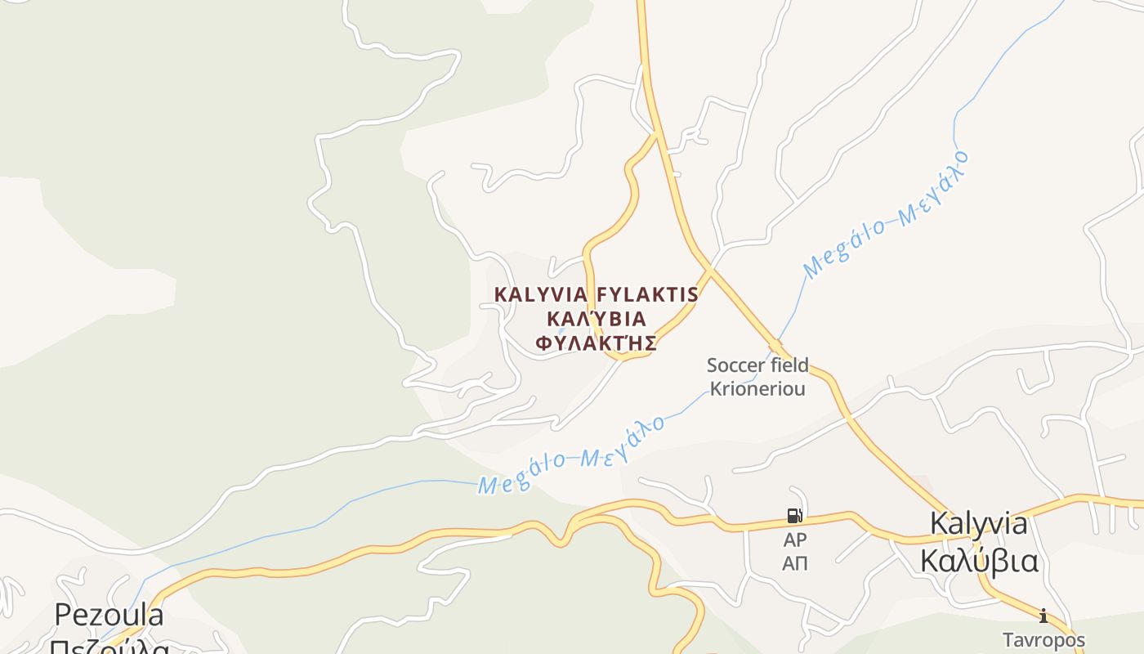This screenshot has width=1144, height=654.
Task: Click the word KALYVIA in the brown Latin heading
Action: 542,294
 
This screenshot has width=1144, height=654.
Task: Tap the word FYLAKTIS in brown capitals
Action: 647,294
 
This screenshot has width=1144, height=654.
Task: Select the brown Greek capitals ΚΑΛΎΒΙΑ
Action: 596,319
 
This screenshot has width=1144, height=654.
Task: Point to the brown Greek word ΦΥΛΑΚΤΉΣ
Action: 596,343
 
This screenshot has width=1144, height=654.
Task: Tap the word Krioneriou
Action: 757,389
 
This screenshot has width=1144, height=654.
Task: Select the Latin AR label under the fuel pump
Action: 794,540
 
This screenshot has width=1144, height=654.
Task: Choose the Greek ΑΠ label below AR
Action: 794,563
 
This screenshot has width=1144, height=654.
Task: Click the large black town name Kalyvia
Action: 979,524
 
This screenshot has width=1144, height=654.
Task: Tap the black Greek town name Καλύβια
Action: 979,562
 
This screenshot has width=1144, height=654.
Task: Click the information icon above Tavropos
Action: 1043,616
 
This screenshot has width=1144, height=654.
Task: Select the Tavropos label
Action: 1044,639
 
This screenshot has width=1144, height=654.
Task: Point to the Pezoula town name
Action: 109,615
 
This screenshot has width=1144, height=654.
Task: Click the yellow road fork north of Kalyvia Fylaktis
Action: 655,134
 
